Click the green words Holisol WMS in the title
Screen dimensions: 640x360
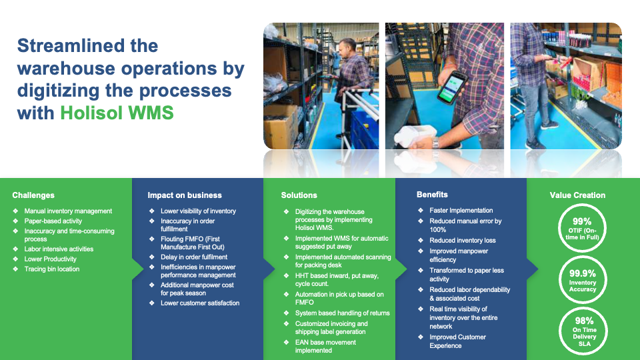[117, 113]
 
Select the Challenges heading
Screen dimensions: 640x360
[33, 195]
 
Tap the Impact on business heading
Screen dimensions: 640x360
[185, 195]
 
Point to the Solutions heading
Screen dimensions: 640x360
[299, 195]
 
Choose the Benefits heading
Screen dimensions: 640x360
[432, 195]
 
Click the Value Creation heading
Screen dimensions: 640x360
[577, 195]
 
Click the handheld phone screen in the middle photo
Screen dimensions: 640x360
[453, 88]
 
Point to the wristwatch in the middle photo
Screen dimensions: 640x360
[435, 143]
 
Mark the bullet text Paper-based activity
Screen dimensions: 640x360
[53, 221]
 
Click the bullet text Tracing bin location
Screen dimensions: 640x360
[52, 269]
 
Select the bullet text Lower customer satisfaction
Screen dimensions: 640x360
[200, 303]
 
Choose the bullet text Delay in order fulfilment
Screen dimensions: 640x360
[194, 257]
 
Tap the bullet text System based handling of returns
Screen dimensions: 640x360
[343, 313]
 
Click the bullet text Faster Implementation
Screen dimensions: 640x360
[461, 210]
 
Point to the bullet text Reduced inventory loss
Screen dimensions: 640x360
[463, 241]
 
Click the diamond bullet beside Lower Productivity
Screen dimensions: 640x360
[15, 259]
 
